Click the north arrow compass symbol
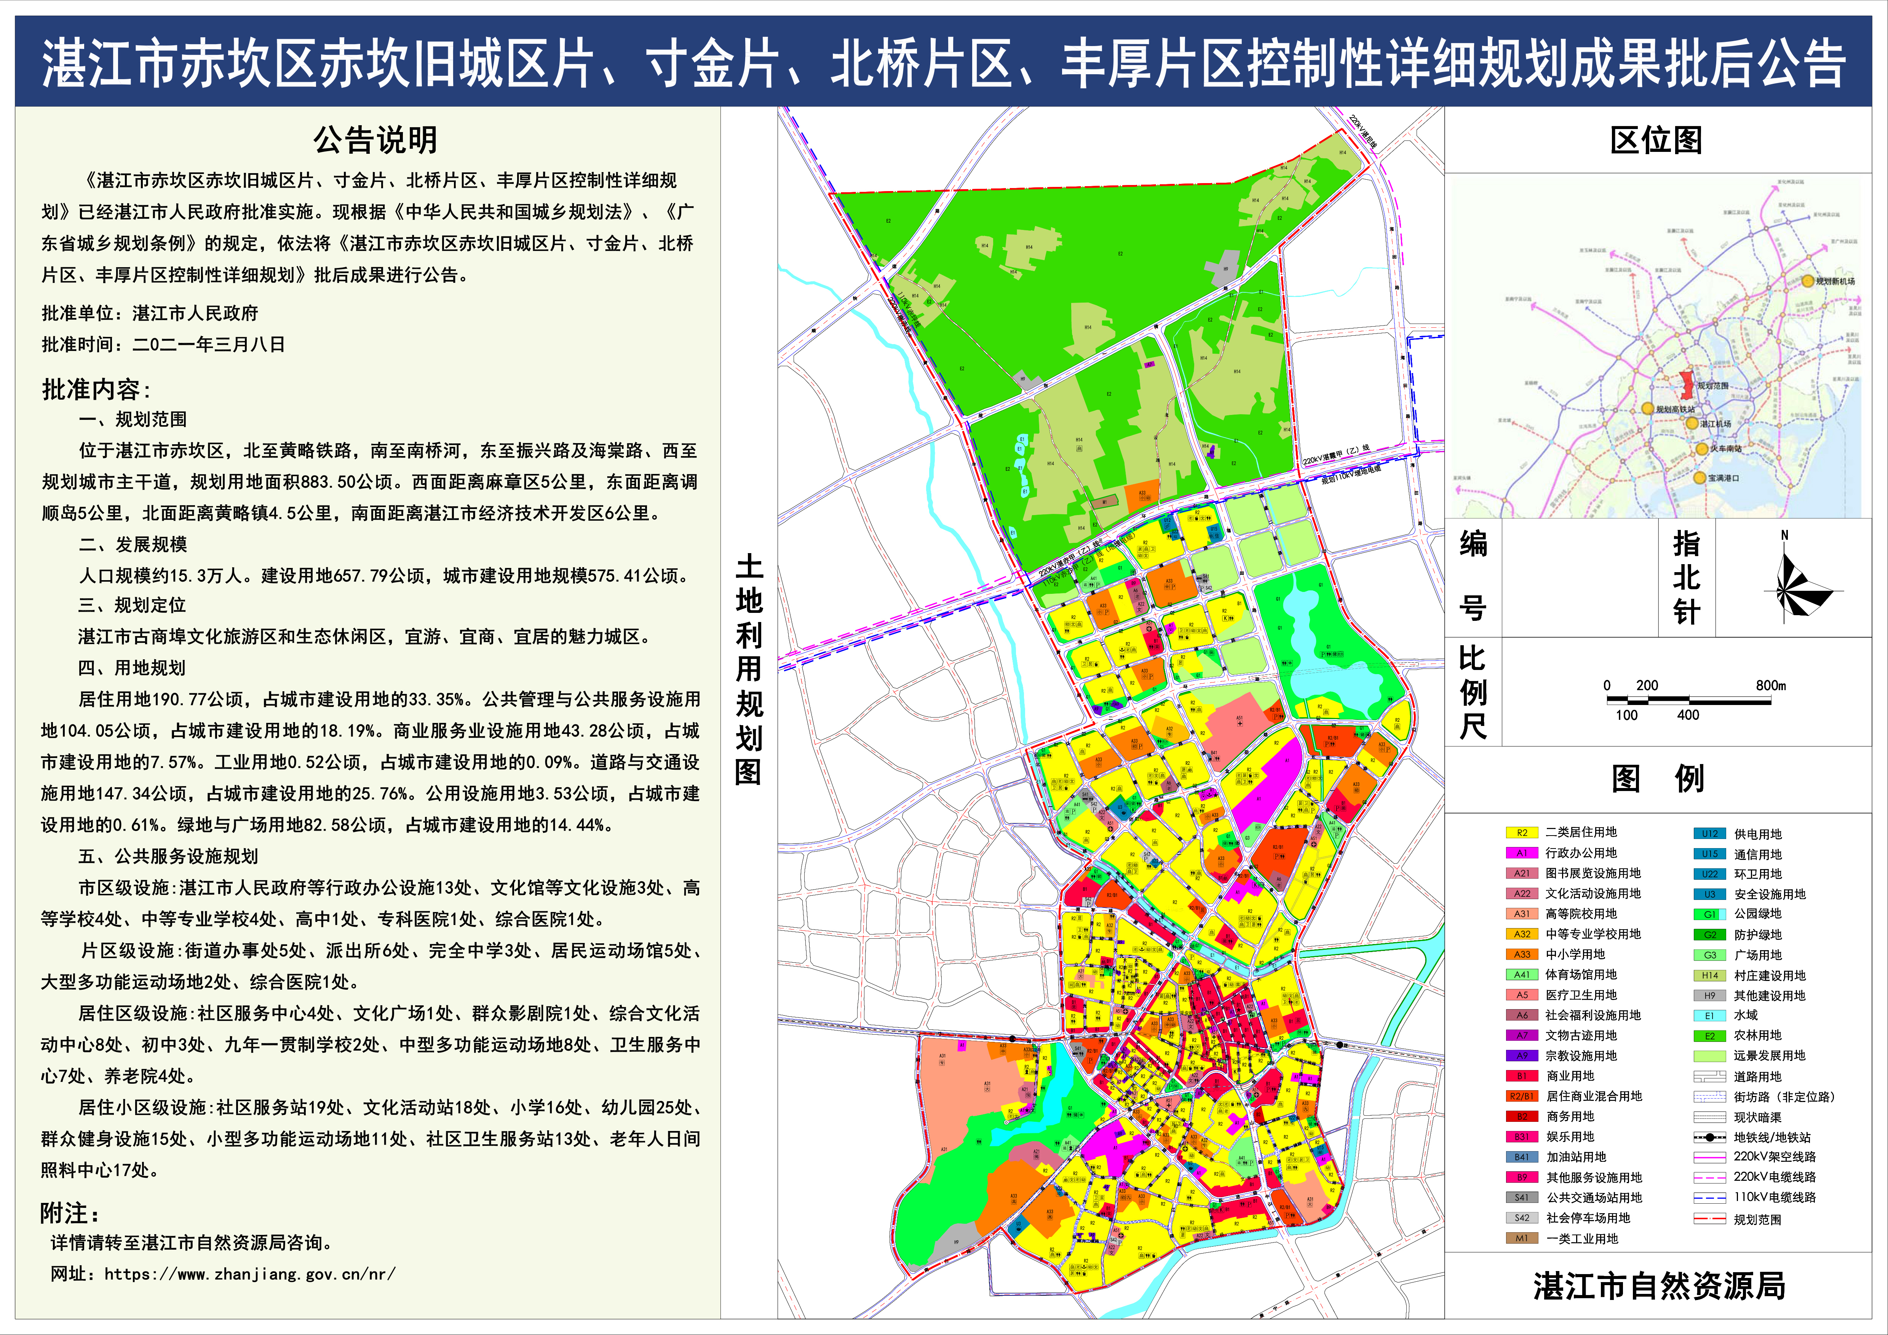[1789, 585]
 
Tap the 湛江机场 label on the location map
[1716, 424]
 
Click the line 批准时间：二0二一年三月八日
[164, 345]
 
